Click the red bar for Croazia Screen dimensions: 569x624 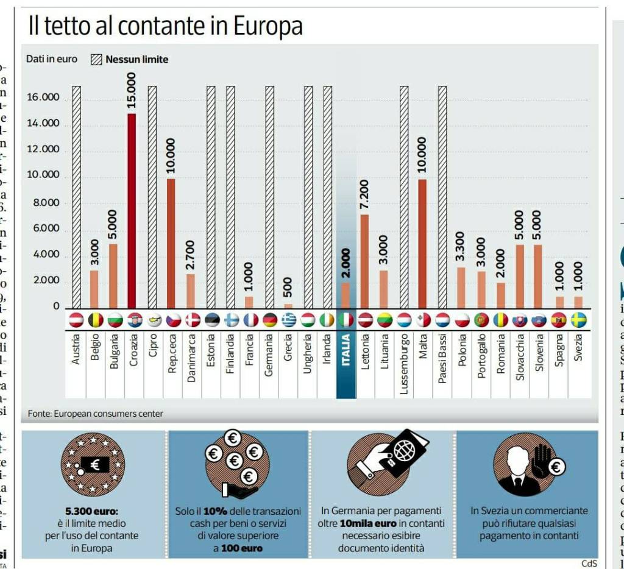pos(132,210)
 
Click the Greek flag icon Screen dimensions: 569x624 pos(288,320)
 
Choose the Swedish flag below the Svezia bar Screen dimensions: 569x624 pos(578,320)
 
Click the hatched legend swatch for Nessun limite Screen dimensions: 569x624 pos(96,60)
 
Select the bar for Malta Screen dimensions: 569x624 pos(422,244)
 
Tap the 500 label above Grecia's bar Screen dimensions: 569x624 pos(288,287)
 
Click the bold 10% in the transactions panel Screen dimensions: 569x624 pos(211,511)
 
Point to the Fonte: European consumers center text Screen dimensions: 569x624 pos(96,414)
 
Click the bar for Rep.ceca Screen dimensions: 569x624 pos(171,243)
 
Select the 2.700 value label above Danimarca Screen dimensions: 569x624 pos(191,254)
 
